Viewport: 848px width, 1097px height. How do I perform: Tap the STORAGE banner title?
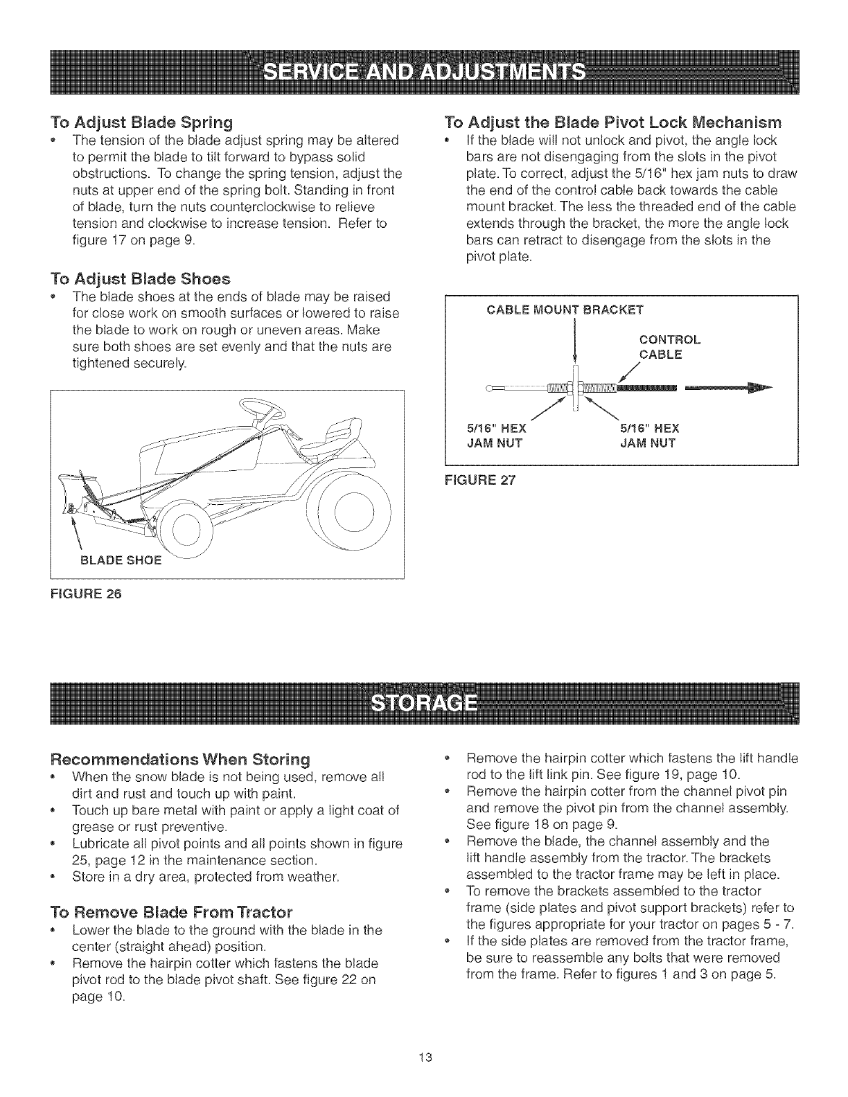[x=423, y=704]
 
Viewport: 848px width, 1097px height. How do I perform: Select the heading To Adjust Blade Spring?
[x=142, y=123]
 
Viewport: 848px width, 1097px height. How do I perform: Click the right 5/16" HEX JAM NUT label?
[x=648, y=434]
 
